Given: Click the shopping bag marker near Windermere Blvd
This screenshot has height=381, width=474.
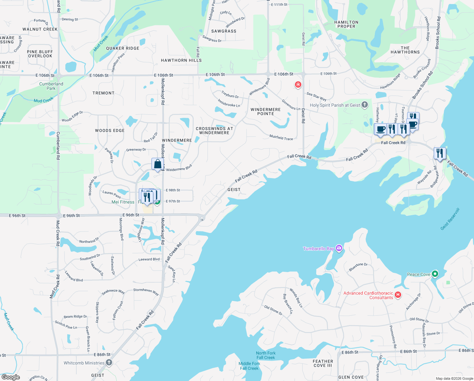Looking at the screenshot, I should coord(157,164).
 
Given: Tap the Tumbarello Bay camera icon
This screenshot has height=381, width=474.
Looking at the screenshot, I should coord(339,248).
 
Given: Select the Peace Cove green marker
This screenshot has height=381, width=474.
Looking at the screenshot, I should coord(435,274).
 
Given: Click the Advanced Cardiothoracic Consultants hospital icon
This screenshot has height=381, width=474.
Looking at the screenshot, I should coord(398,295).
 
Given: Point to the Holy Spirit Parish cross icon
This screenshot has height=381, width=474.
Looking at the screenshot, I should coord(365,104).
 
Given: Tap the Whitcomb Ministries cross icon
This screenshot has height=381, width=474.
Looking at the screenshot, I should coord(109,362).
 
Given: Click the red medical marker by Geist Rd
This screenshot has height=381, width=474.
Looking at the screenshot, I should coord(298,84).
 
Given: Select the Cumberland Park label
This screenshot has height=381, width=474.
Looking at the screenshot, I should coord(51,86).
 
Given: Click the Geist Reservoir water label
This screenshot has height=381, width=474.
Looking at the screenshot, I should coord(450,219).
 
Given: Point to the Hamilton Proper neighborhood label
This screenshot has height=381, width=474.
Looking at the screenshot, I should coord(346,24).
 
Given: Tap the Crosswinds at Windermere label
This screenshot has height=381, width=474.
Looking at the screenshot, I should coord(214,130).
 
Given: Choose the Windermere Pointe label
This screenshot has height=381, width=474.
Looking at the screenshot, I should coord(266,111).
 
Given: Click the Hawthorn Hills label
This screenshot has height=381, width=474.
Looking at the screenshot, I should coord(181,60).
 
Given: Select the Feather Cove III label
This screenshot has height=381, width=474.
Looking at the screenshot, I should coord(323,363).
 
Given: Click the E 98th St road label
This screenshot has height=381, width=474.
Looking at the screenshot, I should coord(173,190).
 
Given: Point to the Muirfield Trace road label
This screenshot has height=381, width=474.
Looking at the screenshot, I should coord(281,137).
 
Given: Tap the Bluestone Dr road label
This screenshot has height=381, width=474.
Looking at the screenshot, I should coord(358,267).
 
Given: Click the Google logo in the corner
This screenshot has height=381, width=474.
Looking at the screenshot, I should coord(11,377).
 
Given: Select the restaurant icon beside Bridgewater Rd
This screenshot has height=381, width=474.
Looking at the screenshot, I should coord(440,154).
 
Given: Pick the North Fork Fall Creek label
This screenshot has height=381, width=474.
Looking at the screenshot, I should coord(266,355).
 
